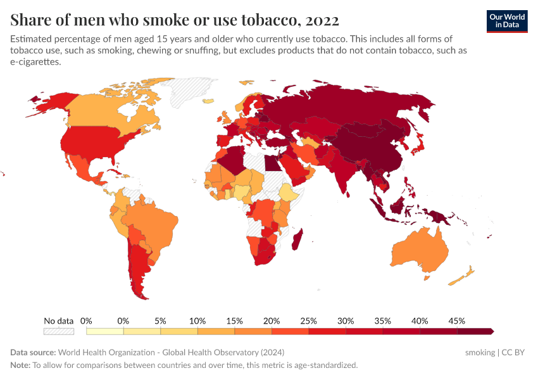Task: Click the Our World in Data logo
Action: coord(507,21)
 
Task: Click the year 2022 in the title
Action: coord(322,19)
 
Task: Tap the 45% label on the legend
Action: coord(457,320)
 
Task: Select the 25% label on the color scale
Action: coord(309,320)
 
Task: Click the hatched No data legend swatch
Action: coord(59,331)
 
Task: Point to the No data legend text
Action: coord(59,320)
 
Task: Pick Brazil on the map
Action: coord(153,222)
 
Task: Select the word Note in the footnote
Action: coord(21,365)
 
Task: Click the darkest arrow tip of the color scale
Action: coord(492,331)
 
